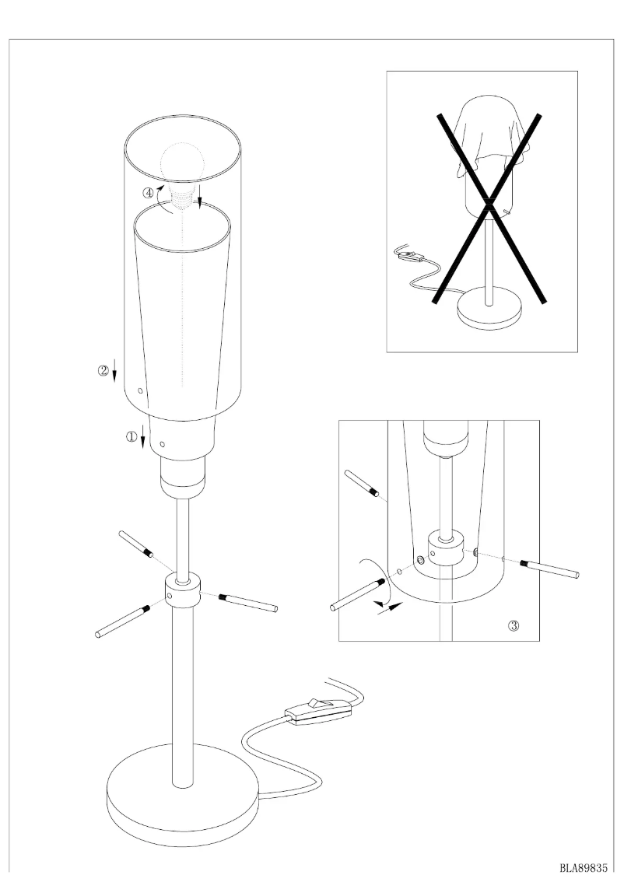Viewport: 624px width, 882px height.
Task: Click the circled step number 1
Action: (131, 437)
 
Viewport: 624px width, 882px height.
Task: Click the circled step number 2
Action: (103, 371)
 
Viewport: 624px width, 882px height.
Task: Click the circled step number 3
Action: (514, 625)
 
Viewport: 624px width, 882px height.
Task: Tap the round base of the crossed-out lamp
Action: (488, 309)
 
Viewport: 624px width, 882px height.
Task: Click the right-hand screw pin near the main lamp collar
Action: (248, 601)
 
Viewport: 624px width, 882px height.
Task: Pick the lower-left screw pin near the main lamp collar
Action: (122, 621)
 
